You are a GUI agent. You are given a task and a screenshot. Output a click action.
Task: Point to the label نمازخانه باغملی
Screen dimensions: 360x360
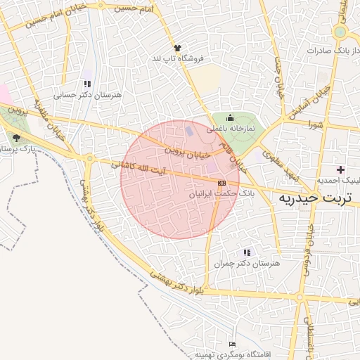click(230, 129)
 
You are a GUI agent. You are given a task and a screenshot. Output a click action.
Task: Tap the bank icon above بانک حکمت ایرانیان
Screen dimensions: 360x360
click(222, 182)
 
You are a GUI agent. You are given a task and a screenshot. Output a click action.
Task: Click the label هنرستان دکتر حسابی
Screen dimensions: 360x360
click(88, 94)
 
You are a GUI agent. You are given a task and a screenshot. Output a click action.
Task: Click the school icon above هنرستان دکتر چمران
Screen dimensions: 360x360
click(246, 252)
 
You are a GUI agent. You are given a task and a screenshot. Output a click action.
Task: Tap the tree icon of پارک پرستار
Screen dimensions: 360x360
click(16, 137)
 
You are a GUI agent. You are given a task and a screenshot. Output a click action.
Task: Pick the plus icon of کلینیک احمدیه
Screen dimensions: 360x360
click(341, 169)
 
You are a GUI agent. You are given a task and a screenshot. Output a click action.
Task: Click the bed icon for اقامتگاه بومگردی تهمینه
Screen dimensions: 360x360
click(233, 344)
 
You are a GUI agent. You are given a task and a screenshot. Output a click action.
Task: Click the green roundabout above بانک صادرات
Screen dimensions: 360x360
click(340, 32)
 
